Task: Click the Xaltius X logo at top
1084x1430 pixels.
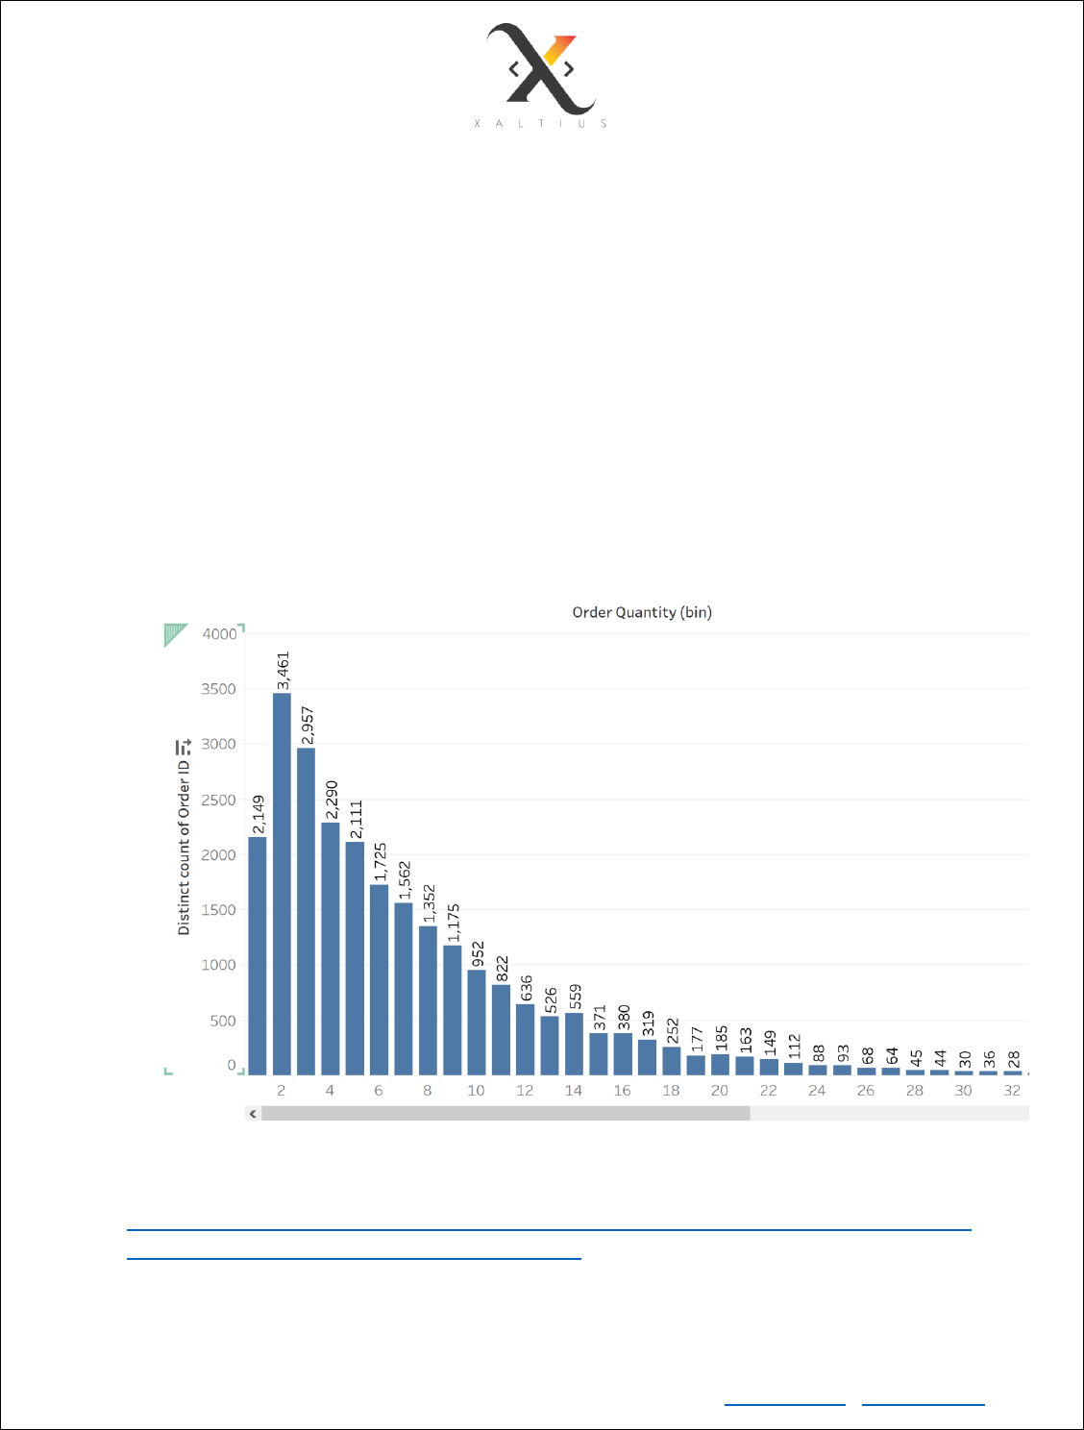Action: [541, 69]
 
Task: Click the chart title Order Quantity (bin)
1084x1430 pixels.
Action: [642, 612]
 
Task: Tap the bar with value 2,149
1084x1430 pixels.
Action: [258, 955]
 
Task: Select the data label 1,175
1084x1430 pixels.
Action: [454, 923]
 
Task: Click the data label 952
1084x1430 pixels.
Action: [478, 953]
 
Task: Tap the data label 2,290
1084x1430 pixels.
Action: [332, 800]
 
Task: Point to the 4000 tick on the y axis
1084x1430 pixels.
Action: [219, 634]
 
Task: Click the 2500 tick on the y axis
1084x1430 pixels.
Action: [218, 801]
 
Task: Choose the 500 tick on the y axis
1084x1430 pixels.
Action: [223, 1022]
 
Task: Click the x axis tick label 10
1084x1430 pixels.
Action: [476, 1091]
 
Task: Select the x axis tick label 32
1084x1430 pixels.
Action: [1012, 1091]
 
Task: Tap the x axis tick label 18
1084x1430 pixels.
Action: [671, 1091]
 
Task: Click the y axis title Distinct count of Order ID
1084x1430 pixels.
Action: [184, 846]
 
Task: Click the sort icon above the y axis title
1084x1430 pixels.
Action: [184, 747]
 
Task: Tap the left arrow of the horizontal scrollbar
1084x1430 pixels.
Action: [253, 1114]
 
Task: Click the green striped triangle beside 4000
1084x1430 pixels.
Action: [175, 634]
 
